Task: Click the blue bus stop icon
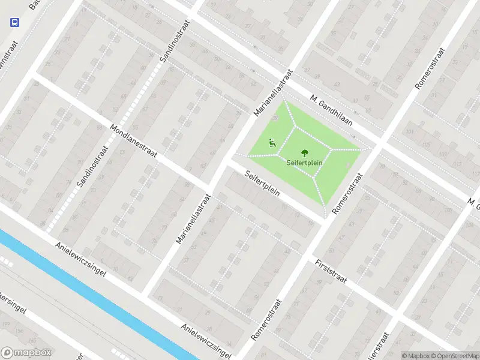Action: [x=14, y=22]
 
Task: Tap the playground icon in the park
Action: [x=272, y=143]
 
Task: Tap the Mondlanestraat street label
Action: [x=134, y=141]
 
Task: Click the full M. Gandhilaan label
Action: [x=331, y=110]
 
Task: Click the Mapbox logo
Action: [x=26, y=353]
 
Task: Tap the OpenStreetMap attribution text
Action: [x=453, y=356]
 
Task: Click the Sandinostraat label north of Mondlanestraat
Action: [x=174, y=43]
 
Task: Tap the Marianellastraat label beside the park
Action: [x=272, y=92]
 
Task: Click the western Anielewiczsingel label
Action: [x=80, y=259]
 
